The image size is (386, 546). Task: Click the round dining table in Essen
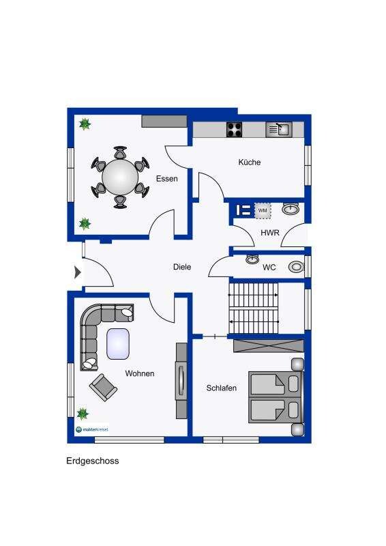point(120,177)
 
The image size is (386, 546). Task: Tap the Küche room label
point(250,162)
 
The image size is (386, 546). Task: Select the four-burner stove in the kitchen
point(234,130)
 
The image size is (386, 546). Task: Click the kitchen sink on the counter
point(279,130)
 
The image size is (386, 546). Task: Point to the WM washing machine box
point(263,211)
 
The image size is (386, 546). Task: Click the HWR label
point(270,233)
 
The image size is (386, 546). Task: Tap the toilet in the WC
point(296,267)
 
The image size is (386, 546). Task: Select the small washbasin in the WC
point(252,259)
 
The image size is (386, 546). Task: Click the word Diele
point(182,267)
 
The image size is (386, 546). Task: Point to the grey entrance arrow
point(78,272)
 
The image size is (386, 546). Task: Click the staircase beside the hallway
point(254,308)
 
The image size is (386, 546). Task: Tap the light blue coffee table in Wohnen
point(118,344)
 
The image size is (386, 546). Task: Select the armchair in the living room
point(103,387)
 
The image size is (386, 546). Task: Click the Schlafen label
point(222,388)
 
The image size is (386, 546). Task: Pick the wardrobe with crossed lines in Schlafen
point(268,346)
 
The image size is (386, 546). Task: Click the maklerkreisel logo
point(92,429)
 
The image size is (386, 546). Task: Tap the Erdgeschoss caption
point(93,461)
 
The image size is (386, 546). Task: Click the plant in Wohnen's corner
point(83,414)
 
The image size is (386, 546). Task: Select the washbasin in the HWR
point(290,209)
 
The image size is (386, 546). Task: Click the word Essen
point(166,179)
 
